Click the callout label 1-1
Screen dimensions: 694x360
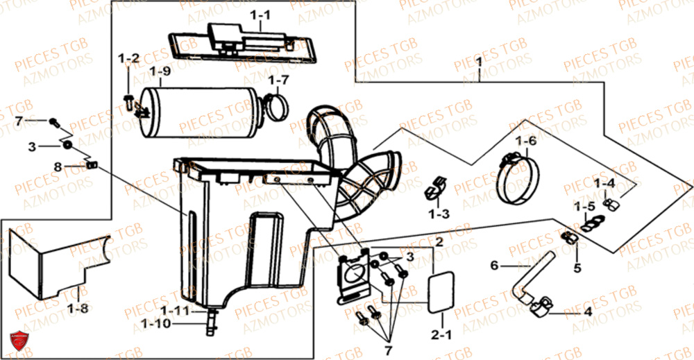click(260, 15)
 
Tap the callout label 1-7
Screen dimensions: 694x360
click(278, 80)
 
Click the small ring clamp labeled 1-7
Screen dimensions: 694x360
click(276, 107)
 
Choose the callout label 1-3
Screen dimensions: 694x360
click(439, 214)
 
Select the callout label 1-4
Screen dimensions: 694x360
click(604, 182)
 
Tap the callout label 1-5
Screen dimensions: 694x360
click(584, 206)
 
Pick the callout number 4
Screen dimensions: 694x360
click(587, 312)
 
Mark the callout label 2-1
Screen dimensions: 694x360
click(441, 335)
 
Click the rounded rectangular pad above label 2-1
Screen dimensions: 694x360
click(441, 292)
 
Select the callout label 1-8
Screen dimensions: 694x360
click(78, 308)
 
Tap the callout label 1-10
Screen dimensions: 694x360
click(155, 324)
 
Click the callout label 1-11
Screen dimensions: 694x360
click(175, 311)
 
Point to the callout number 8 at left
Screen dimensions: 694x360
click(58, 167)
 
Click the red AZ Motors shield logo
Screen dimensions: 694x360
click(19, 341)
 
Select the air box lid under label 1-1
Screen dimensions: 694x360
click(242, 43)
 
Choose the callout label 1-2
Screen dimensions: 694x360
click(129, 58)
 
